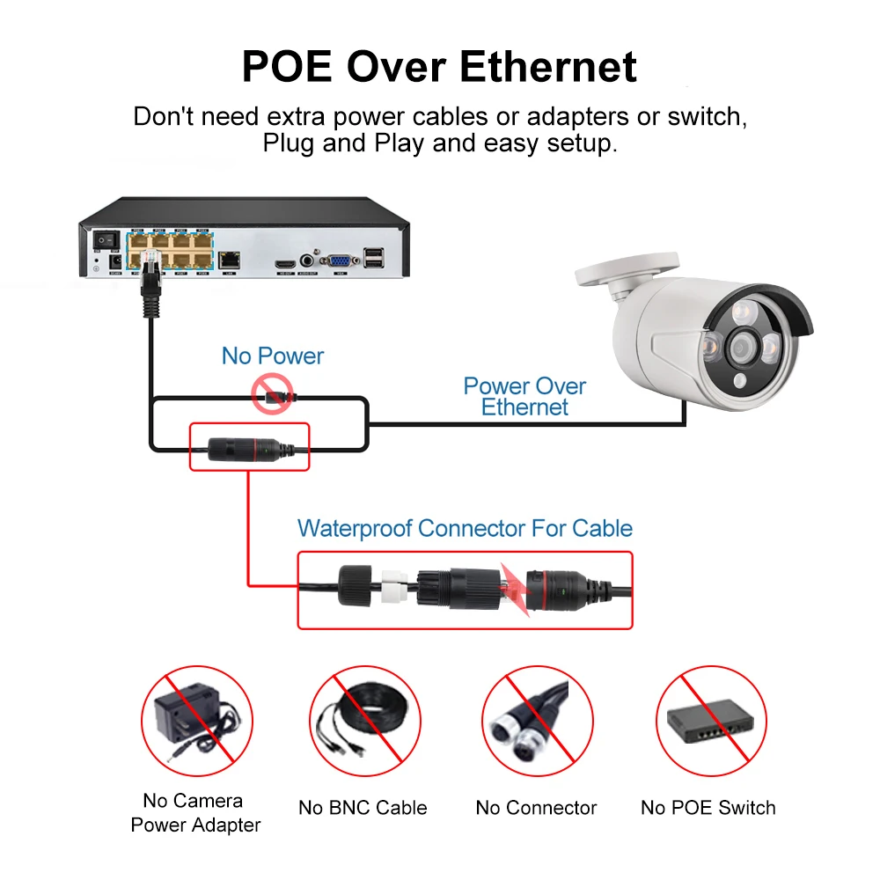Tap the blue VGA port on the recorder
coord(339,260)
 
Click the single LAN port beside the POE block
coord(231,260)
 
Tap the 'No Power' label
coord(273,356)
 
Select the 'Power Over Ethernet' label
coord(524,396)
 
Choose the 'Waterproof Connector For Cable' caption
coord(465,529)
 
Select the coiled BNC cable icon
coord(363,723)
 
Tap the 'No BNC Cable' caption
coord(363,808)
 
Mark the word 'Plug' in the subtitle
coord(289,143)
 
